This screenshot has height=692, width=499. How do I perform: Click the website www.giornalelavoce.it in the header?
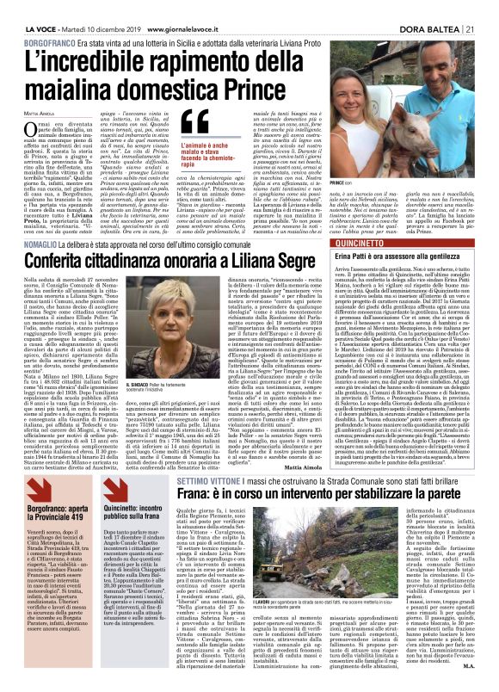(x=169, y=8)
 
